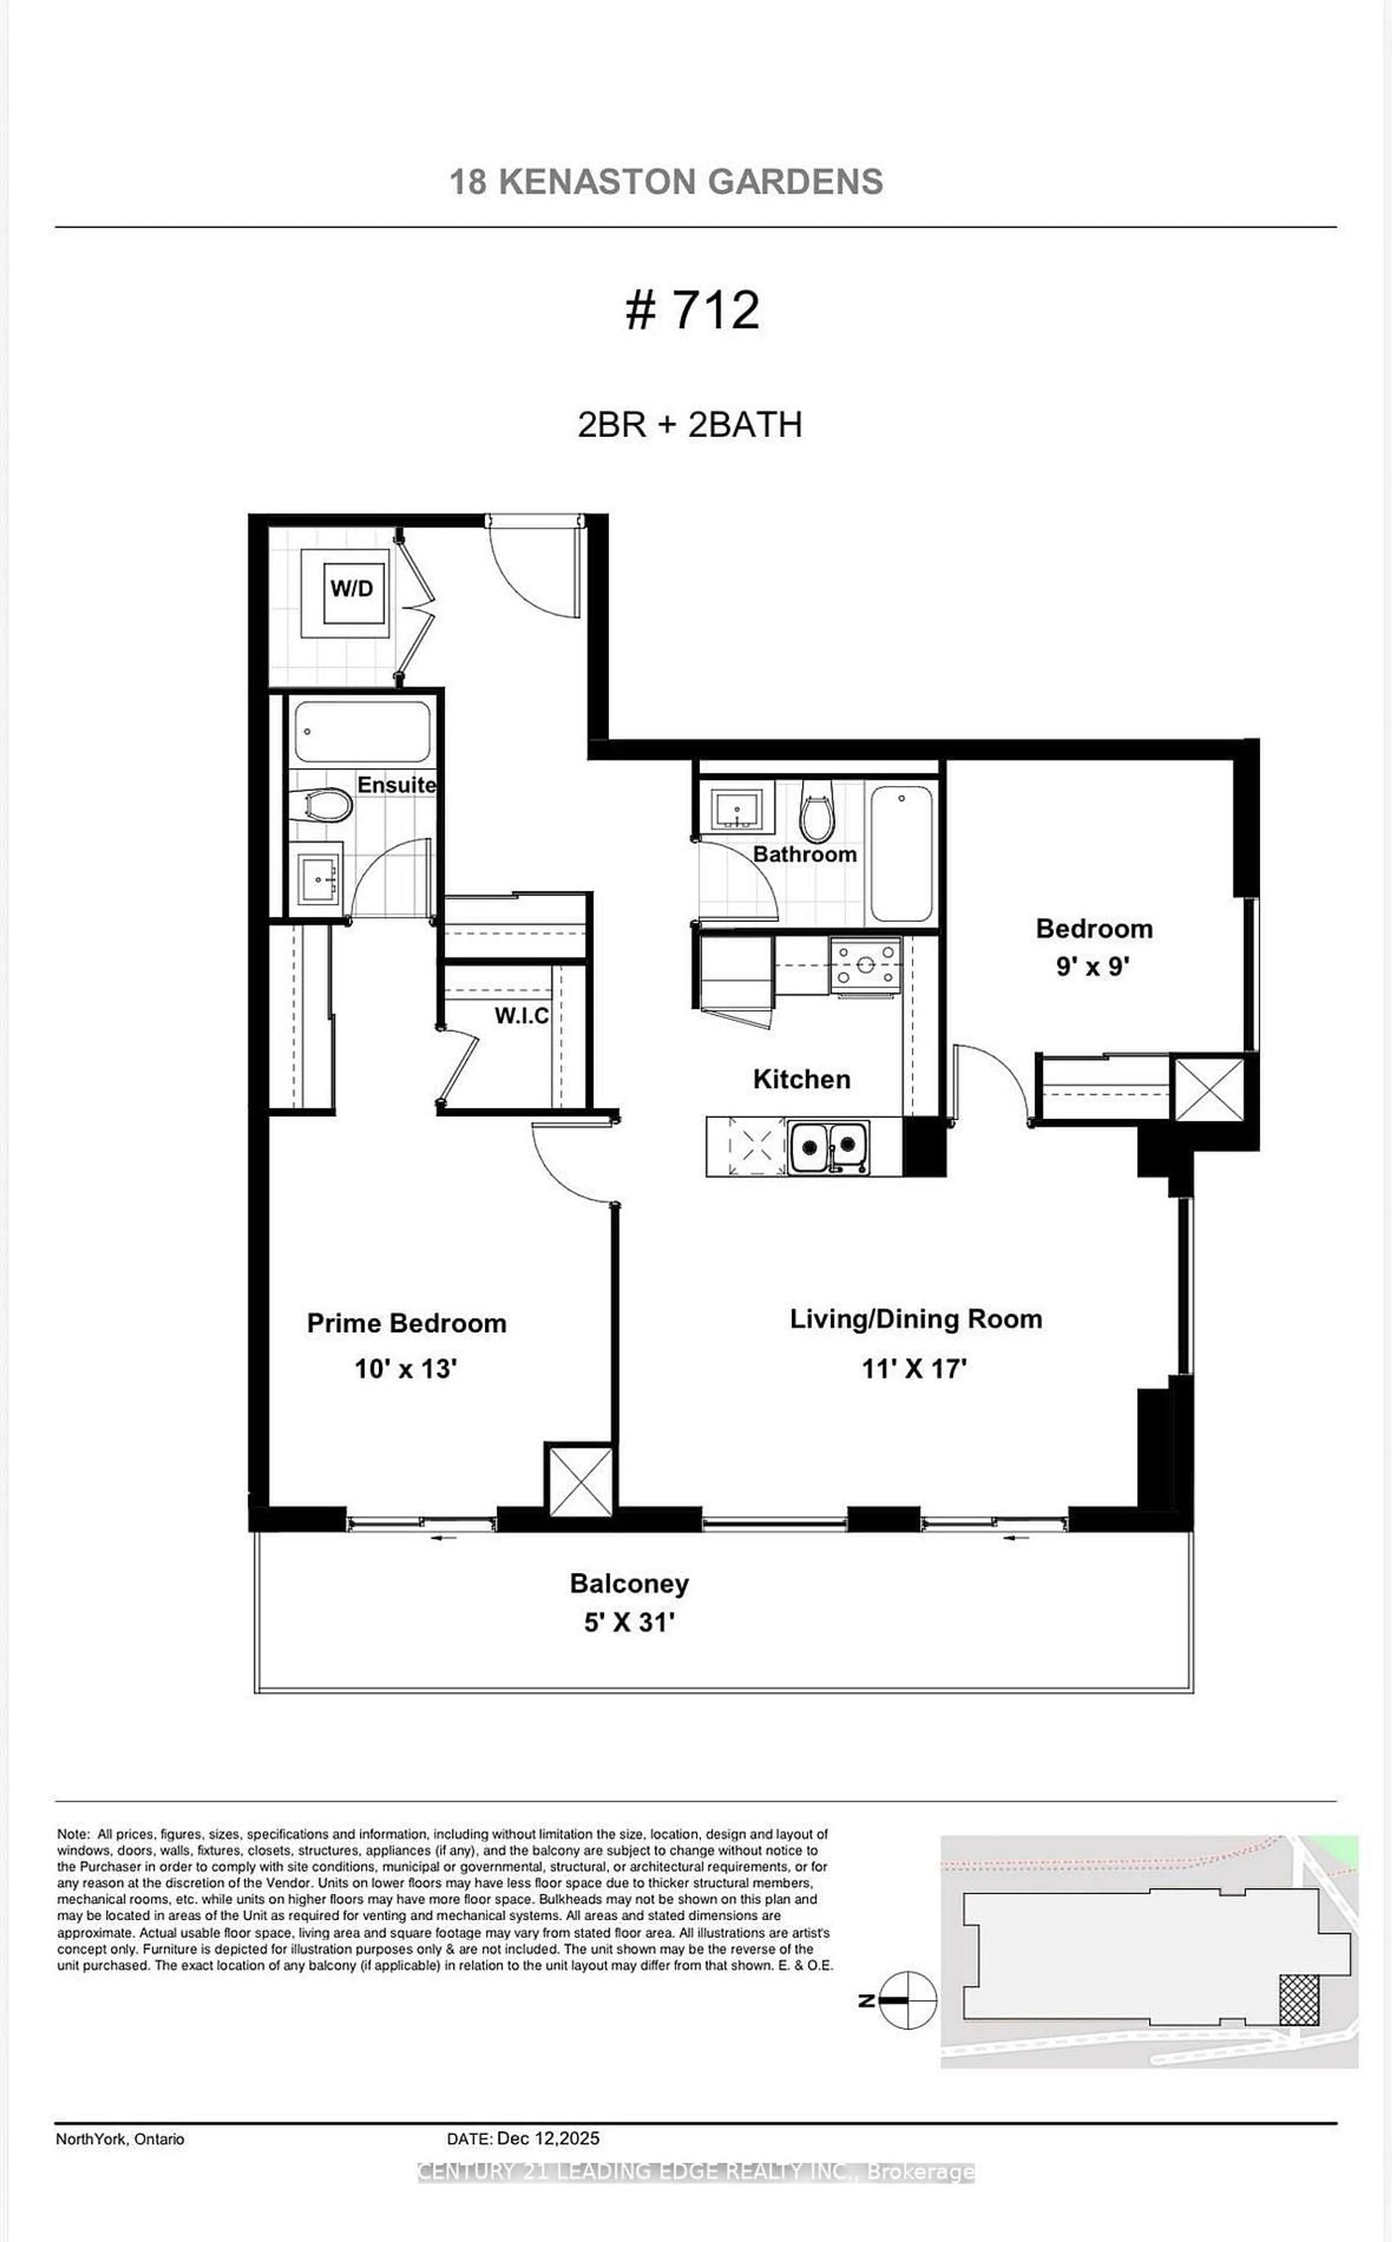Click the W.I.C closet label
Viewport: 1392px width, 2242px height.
(521, 1016)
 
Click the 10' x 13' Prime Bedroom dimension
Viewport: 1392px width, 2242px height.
(406, 1369)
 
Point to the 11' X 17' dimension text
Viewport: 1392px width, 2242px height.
(914, 1369)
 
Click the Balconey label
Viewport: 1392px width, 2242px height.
(630, 1584)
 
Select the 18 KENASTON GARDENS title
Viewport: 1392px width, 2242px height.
(666, 181)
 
